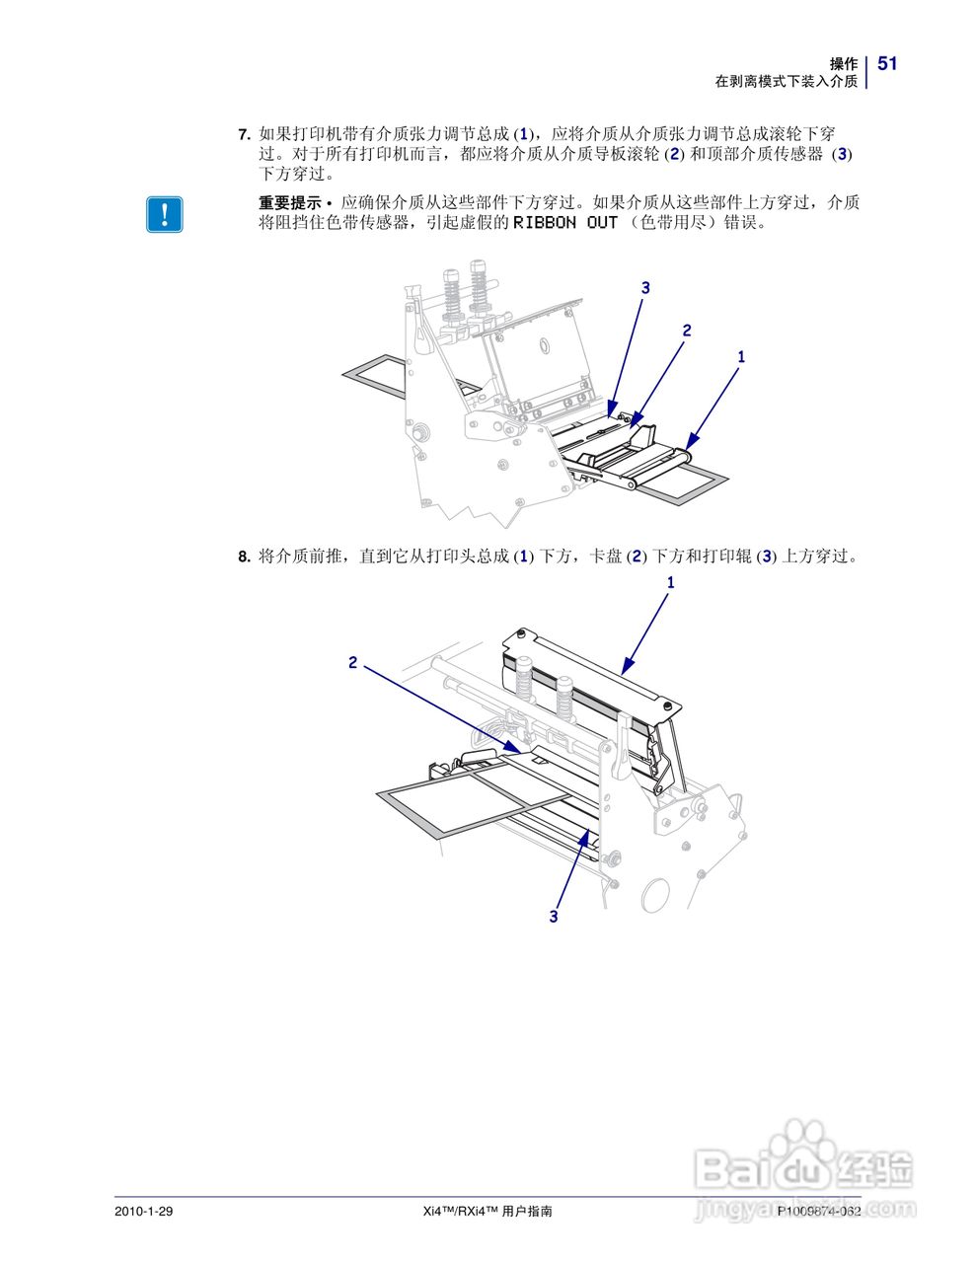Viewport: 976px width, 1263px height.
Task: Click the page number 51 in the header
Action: tap(887, 64)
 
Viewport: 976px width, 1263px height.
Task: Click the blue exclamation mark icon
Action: tap(165, 214)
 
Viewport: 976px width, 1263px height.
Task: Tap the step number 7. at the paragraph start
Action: tap(245, 133)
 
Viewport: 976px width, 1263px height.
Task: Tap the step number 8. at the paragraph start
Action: tap(245, 557)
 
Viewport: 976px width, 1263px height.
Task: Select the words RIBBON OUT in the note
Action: tap(564, 223)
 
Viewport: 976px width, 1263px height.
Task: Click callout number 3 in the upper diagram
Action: tap(645, 288)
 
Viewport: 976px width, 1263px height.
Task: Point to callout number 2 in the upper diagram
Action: tap(687, 331)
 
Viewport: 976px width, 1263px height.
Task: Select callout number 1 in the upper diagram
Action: tap(741, 356)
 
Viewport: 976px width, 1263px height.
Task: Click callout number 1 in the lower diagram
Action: tap(671, 583)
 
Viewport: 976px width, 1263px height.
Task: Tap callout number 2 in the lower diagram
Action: tap(352, 662)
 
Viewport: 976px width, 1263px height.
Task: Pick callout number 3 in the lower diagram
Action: tap(554, 917)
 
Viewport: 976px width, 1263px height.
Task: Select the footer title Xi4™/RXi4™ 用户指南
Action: tap(487, 1211)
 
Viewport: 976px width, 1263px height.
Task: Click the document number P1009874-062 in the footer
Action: tap(819, 1211)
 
